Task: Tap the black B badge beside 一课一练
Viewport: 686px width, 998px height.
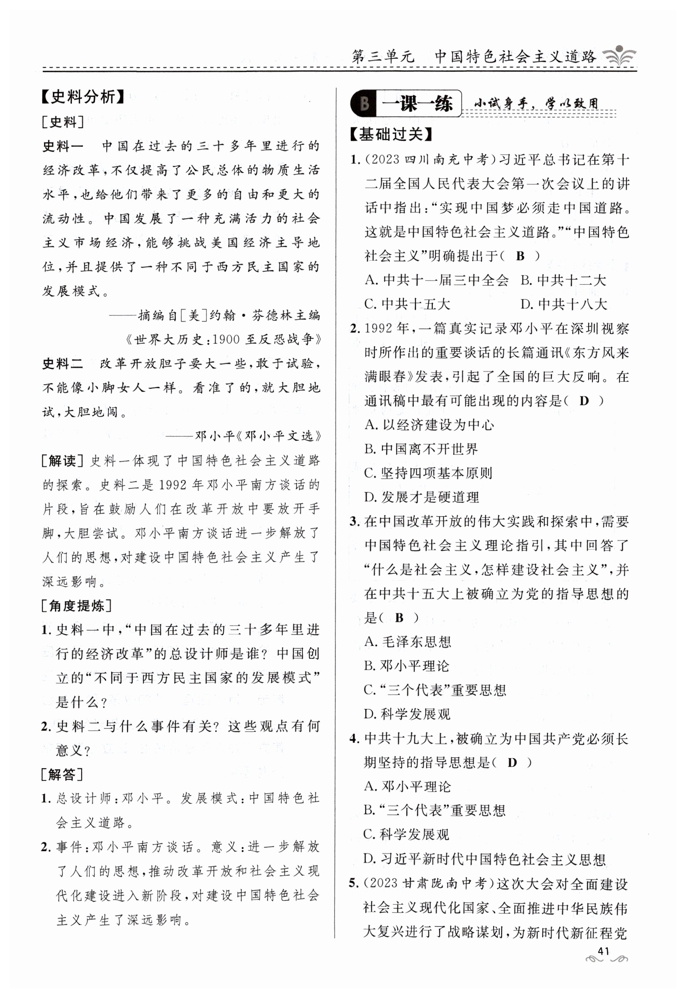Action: pos(364,104)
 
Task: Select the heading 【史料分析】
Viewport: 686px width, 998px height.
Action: pos(83,97)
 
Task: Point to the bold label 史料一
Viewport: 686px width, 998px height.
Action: pos(63,146)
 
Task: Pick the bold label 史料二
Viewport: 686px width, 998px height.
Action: pos(63,364)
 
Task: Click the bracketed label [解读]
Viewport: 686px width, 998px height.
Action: pos(63,461)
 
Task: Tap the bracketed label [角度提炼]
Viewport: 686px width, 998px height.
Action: pos(77,606)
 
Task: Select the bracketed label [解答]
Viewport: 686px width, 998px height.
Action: pos(63,774)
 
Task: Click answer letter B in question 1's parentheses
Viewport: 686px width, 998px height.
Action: pos(520,256)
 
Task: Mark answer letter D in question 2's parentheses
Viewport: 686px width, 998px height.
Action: pos(584,401)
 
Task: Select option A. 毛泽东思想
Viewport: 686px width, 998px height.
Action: pos(408,642)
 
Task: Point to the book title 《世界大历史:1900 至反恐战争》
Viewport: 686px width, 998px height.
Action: pos(223,340)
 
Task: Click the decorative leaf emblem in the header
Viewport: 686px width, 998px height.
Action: pos(619,56)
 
